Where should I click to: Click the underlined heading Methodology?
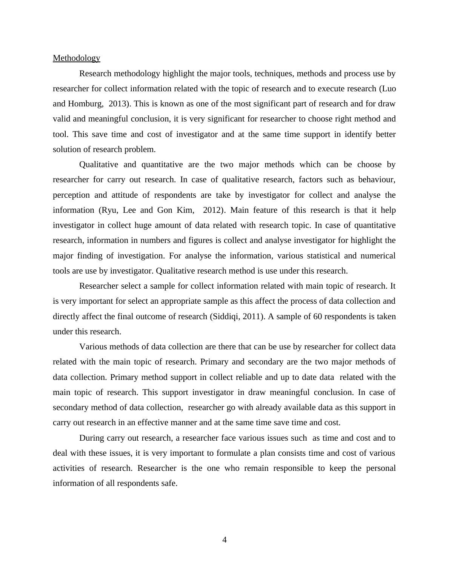[76, 58]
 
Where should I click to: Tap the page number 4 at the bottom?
[224, 540]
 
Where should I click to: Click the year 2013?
[118, 104]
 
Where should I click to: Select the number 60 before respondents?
[318, 317]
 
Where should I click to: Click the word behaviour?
[376, 180]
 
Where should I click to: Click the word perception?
[72, 195]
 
